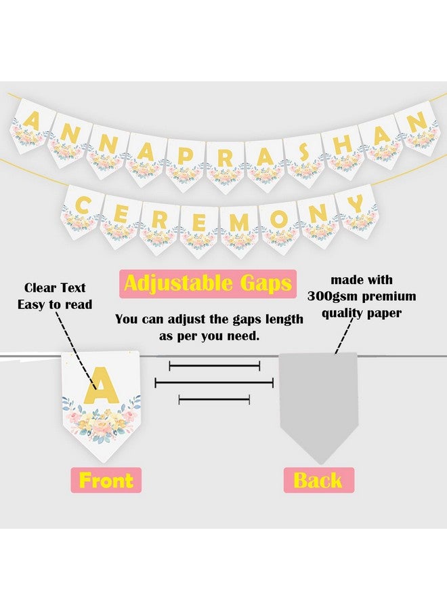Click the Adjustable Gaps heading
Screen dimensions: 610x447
(x=208, y=283)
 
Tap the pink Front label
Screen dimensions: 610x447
(x=106, y=480)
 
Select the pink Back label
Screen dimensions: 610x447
(x=318, y=480)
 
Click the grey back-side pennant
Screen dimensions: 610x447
(x=318, y=400)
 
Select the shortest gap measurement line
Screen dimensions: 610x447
(x=210, y=400)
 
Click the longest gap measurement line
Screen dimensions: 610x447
(x=214, y=383)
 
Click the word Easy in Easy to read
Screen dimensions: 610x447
(x=32, y=305)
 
